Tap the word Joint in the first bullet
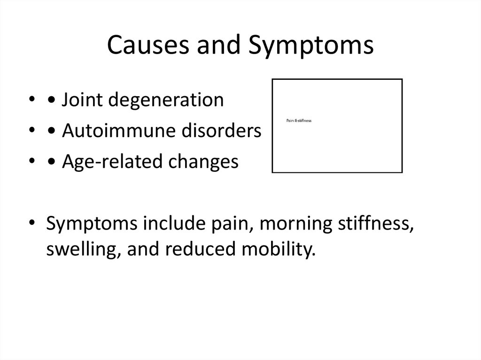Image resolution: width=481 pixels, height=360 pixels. click(x=80, y=100)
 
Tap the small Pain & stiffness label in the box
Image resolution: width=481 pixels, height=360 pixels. click(x=299, y=121)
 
